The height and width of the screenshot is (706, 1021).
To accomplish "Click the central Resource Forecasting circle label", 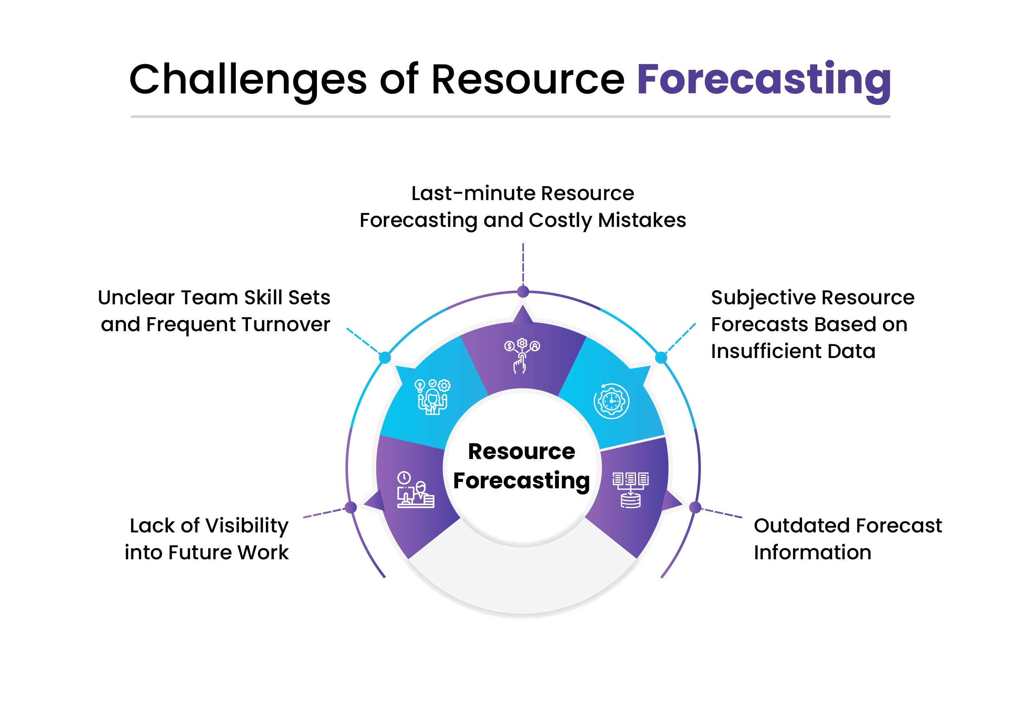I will pyautogui.click(x=522, y=466).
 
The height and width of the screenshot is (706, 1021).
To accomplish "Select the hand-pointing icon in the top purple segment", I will pyautogui.click(x=522, y=356).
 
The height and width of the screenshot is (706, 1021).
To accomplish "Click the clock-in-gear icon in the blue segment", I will pyautogui.click(x=611, y=401).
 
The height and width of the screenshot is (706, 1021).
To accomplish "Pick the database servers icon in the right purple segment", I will pyautogui.click(x=630, y=490).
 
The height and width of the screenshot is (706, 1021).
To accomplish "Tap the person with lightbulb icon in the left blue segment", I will pyautogui.click(x=432, y=396).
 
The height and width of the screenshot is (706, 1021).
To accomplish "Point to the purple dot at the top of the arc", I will pyautogui.click(x=523, y=291).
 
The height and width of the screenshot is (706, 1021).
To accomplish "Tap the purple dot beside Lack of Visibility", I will pyautogui.click(x=351, y=507).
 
